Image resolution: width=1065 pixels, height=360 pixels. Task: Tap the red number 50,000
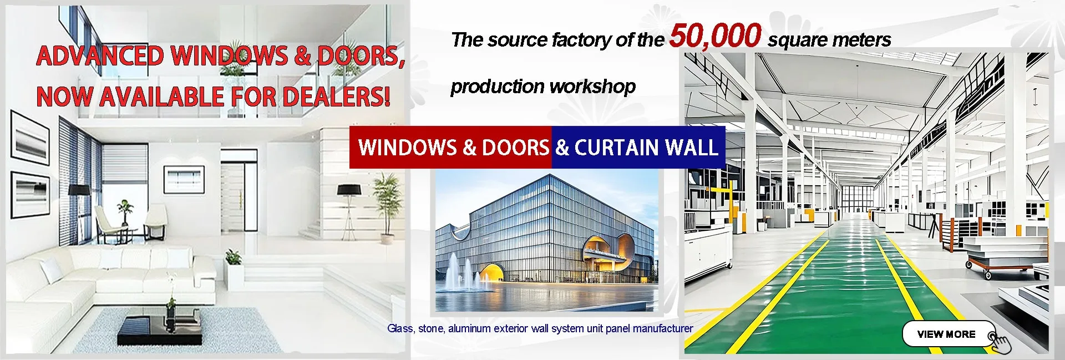click(715, 36)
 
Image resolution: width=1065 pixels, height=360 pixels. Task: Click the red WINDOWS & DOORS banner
click(450, 147)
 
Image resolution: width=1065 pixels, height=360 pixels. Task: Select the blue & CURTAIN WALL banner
click(638, 147)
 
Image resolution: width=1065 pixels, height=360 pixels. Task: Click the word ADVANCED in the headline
click(100, 56)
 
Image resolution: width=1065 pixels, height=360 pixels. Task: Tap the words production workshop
click(543, 87)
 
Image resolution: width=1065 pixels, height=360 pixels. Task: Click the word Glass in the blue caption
click(400, 328)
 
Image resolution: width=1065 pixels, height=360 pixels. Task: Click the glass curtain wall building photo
click(546, 240)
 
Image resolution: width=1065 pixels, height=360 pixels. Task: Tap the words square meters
click(829, 40)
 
